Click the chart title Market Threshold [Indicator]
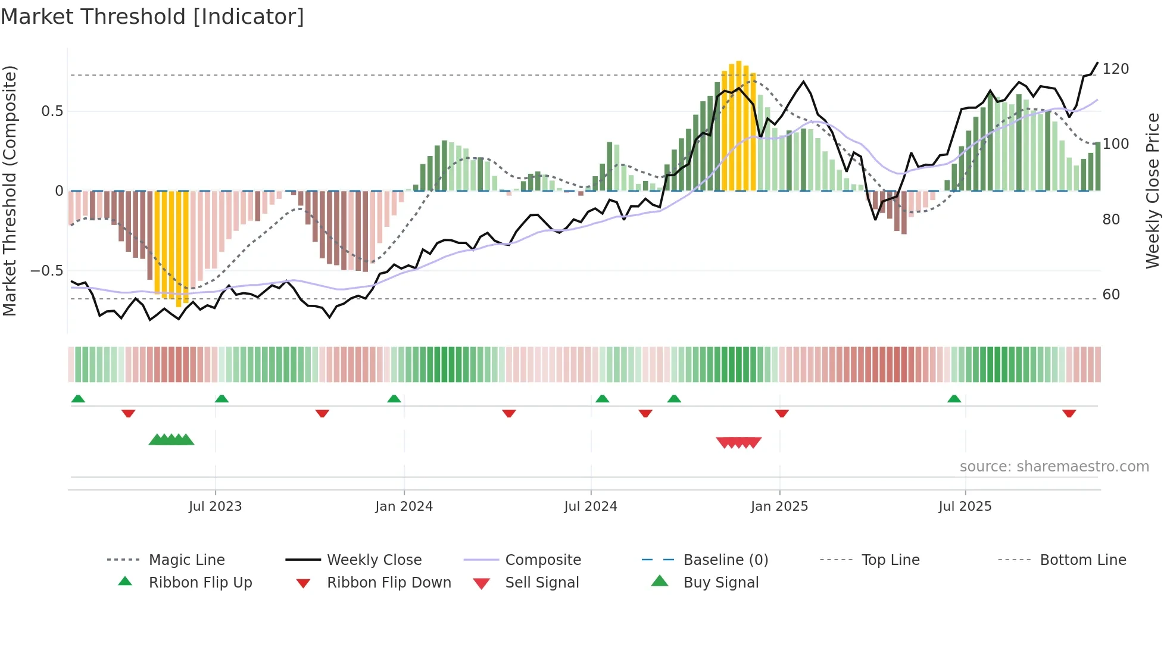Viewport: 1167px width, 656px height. pyautogui.click(x=152, y=17)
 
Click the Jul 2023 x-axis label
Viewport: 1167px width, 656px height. pyautogui.click(x=215, y=507)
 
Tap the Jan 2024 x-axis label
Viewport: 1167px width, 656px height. pyautogui.click(x=404, y=507)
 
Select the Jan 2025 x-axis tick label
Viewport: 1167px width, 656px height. pyautogui.click(x=779, y=507)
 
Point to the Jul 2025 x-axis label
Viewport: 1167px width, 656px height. pyautogui.click(x=965, y=507)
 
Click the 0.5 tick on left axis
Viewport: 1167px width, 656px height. pyautogui.click(x=52, y=111)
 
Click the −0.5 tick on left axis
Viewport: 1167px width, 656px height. pyautogui.click(x=47, y=271)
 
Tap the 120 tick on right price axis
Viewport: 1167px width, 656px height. pyautogui.click(x=1115, y=69)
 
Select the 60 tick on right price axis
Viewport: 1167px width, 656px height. pyautogui.click(x=1111, y=295)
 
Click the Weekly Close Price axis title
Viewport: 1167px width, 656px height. pyautogui.click(x=1153, y=190)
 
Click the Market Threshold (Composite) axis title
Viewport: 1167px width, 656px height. pyautogui.click(x=10, y=190)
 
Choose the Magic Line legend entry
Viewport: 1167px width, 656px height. pyautogui.click(x=186, y=560)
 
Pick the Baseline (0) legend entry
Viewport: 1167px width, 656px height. pyautogui.click(x=725, y=560)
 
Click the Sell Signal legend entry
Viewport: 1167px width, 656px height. pyautogui.click(x=541, y=583)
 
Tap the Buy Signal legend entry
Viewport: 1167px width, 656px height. pyautogui.click(x=720, y=583)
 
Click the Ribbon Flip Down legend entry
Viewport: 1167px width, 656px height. pyautogui.click(x=388, y=583)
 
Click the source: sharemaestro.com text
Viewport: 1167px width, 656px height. pyautogui.click(x=1054, y=467)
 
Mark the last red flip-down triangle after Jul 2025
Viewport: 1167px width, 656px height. pyautogui.click(x=1069, y=413)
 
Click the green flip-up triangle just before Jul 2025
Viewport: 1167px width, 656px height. pyautogui.click(x=954, y=399)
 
